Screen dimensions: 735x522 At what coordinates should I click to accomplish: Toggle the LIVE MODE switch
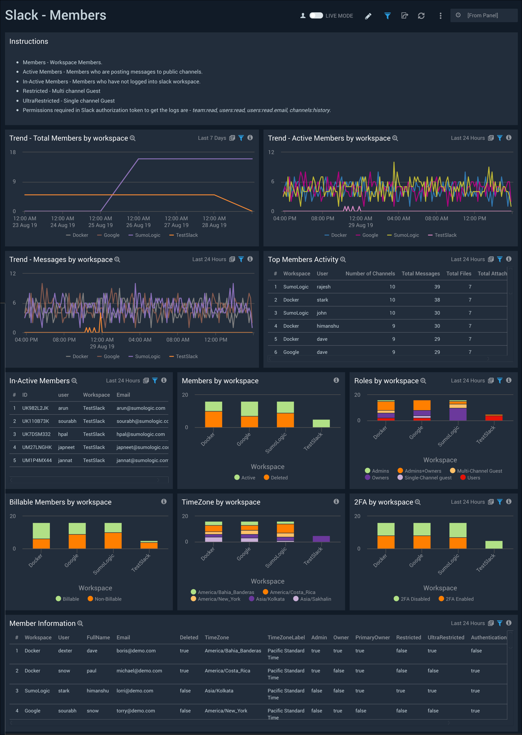pyautogui.click(x=316, y=16)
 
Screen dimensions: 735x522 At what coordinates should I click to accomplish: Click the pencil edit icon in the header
pyautogui.click(x=368, y=16)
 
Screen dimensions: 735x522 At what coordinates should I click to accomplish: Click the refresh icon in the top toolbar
pyautogui.click(x=421, y=16)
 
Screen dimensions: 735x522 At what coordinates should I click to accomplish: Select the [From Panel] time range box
pyautogui.click(x=484, y=16)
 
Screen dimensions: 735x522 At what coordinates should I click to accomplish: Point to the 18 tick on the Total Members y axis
pyautogui.click(x=13, y=152)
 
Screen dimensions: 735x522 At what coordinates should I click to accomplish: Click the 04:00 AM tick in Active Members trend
pyautogui.click(x=398, y=219)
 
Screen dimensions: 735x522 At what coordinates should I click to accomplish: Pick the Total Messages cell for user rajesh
pyautogui.click(x=437, y=287)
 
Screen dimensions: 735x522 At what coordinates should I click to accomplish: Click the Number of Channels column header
pyautogui.click(x=370, y=274)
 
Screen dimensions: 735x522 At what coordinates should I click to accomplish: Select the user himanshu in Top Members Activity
pyautogui.click(x=328, y=326)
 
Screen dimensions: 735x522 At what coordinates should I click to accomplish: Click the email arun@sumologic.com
pyautogui.click(x=141, y=408)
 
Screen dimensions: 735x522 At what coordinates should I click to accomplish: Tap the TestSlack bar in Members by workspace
pyautogui.click(x=321, y=423)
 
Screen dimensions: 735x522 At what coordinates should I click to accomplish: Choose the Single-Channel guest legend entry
pyautogui.click(x=428, y=478)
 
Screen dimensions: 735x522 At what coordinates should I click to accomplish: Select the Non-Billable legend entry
pyautogui.click(x=108, y=599)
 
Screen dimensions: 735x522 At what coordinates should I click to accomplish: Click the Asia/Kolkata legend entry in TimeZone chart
pyautogui.click(x=270, y=599)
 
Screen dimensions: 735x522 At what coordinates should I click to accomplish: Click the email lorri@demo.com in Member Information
pyautogui.click(x=135, y=691)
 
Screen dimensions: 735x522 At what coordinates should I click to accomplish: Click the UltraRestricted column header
pyautogui.click(x=446, y=638)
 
